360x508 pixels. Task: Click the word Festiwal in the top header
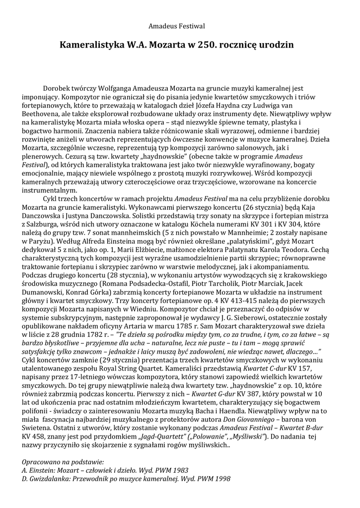(x=192, y=25)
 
